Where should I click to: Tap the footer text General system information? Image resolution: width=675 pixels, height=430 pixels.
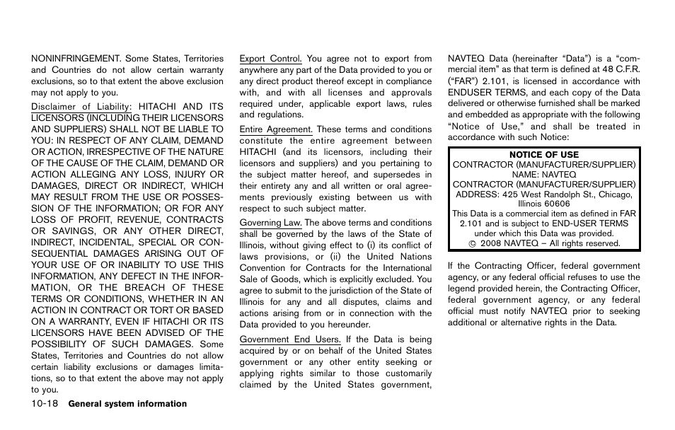[x=127, y=404]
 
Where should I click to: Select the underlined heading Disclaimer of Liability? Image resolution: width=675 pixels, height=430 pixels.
[x=81, y=107]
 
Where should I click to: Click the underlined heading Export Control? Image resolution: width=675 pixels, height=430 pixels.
[x=270, y=59]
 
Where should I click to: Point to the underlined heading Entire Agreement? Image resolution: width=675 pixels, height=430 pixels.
[x=275, y=129]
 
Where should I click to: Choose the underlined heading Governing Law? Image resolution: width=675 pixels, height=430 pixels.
[x=270, y=223]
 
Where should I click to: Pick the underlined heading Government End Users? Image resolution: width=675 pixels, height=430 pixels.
[x=289, y=339]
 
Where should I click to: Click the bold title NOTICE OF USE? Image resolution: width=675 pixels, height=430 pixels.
[x=543, y=155]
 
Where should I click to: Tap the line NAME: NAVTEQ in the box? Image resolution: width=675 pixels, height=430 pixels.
[x=543, y=175]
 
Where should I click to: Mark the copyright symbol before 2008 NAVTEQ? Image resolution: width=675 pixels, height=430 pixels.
[x=471, y=244]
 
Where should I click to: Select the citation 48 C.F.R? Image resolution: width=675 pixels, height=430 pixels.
[x=619, y=70]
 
